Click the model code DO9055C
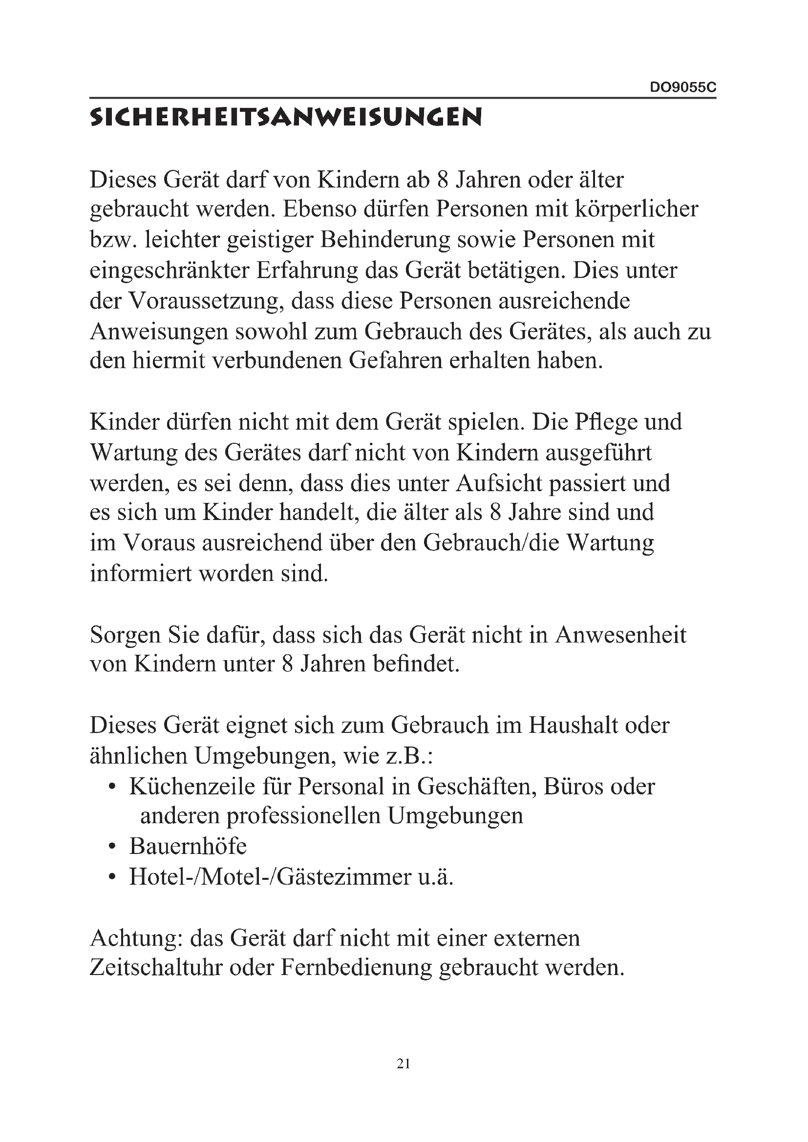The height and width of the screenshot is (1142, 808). point(683,87)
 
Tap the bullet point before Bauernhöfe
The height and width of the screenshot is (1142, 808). point(112,847)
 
